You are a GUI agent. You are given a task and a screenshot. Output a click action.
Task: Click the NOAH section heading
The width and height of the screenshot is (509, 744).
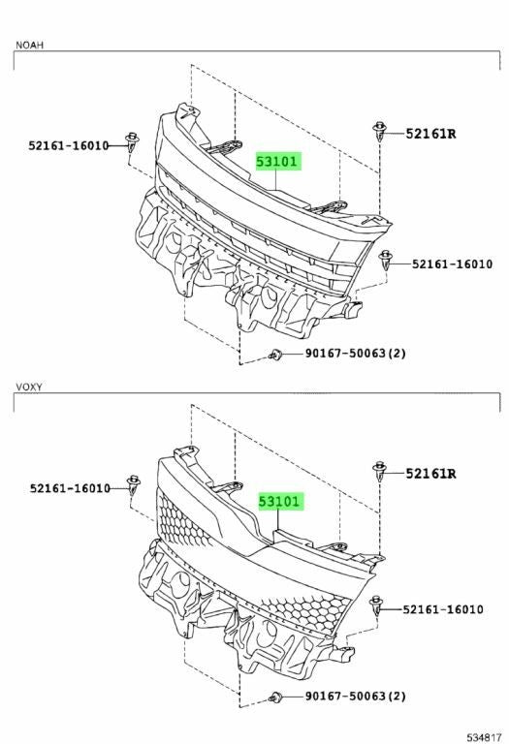[29, 46]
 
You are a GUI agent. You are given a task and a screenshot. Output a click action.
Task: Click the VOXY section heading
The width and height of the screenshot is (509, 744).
[29, 387]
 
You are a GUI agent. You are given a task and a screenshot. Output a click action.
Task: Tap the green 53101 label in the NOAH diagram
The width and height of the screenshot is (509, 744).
[277, 162]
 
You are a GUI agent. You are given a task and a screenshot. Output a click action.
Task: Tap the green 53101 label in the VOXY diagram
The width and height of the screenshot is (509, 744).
[279, 502]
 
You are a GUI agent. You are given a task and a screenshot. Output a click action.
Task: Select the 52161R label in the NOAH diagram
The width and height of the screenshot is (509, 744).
[430, 134]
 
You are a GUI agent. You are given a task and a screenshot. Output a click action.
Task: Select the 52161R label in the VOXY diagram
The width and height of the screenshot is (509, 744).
[430, 474]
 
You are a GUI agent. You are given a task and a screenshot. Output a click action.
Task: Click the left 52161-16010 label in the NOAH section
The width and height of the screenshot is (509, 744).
[69, 145]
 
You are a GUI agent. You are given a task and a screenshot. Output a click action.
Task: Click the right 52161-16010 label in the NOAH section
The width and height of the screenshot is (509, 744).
[452, 263]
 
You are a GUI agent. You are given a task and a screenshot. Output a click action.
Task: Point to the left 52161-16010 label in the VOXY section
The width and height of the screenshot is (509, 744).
[70, 488]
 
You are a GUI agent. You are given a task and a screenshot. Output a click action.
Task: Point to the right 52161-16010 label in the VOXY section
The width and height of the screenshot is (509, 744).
[443, 609]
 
